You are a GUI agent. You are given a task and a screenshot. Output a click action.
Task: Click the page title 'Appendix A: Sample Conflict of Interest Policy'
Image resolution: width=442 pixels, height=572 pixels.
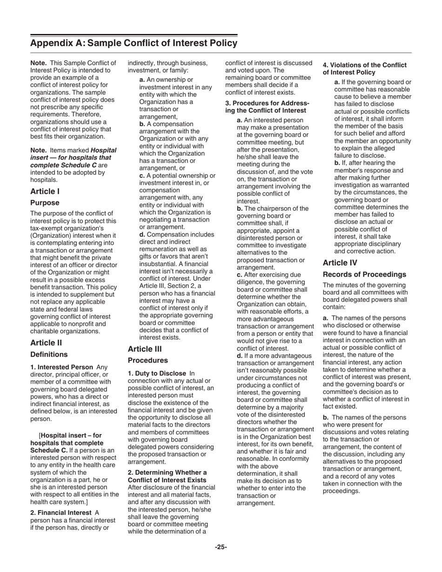[x=134, y=43]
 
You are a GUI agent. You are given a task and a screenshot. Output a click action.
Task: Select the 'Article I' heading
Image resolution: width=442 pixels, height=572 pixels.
[x=45, y=191]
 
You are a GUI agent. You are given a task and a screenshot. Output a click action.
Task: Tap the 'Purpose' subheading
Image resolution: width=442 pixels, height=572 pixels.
[x=45, y=203]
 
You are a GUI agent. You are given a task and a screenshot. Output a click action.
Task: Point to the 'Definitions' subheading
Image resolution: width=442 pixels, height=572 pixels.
[x=49, y=354]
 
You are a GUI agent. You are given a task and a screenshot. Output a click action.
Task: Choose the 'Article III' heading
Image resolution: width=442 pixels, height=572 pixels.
[x=145, y=349]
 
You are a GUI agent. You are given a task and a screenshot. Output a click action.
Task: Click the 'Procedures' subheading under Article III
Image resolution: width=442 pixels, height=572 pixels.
[x=147, y=360]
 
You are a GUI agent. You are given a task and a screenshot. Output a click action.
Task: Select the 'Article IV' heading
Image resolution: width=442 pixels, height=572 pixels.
[x=340, y=263]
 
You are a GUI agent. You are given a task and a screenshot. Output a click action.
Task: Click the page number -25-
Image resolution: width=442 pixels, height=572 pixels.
[x=221, y=547]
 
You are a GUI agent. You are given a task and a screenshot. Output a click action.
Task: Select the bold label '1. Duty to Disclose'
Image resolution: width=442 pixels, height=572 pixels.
[x=157, y=373]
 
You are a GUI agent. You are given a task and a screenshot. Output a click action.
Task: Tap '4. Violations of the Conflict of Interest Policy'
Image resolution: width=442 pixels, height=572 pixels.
[x=365, y=69]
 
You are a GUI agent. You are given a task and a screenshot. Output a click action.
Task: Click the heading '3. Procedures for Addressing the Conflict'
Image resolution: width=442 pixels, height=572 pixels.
[x=268, y=106]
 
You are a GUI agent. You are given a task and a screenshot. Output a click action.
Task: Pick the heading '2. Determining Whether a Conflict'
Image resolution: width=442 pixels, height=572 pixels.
[x=167, y=476]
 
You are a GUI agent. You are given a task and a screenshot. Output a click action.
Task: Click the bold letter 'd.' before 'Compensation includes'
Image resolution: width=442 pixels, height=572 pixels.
[x=143, y=234]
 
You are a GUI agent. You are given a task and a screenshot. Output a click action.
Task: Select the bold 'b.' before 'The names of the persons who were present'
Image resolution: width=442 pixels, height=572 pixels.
[x=326, y=417]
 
